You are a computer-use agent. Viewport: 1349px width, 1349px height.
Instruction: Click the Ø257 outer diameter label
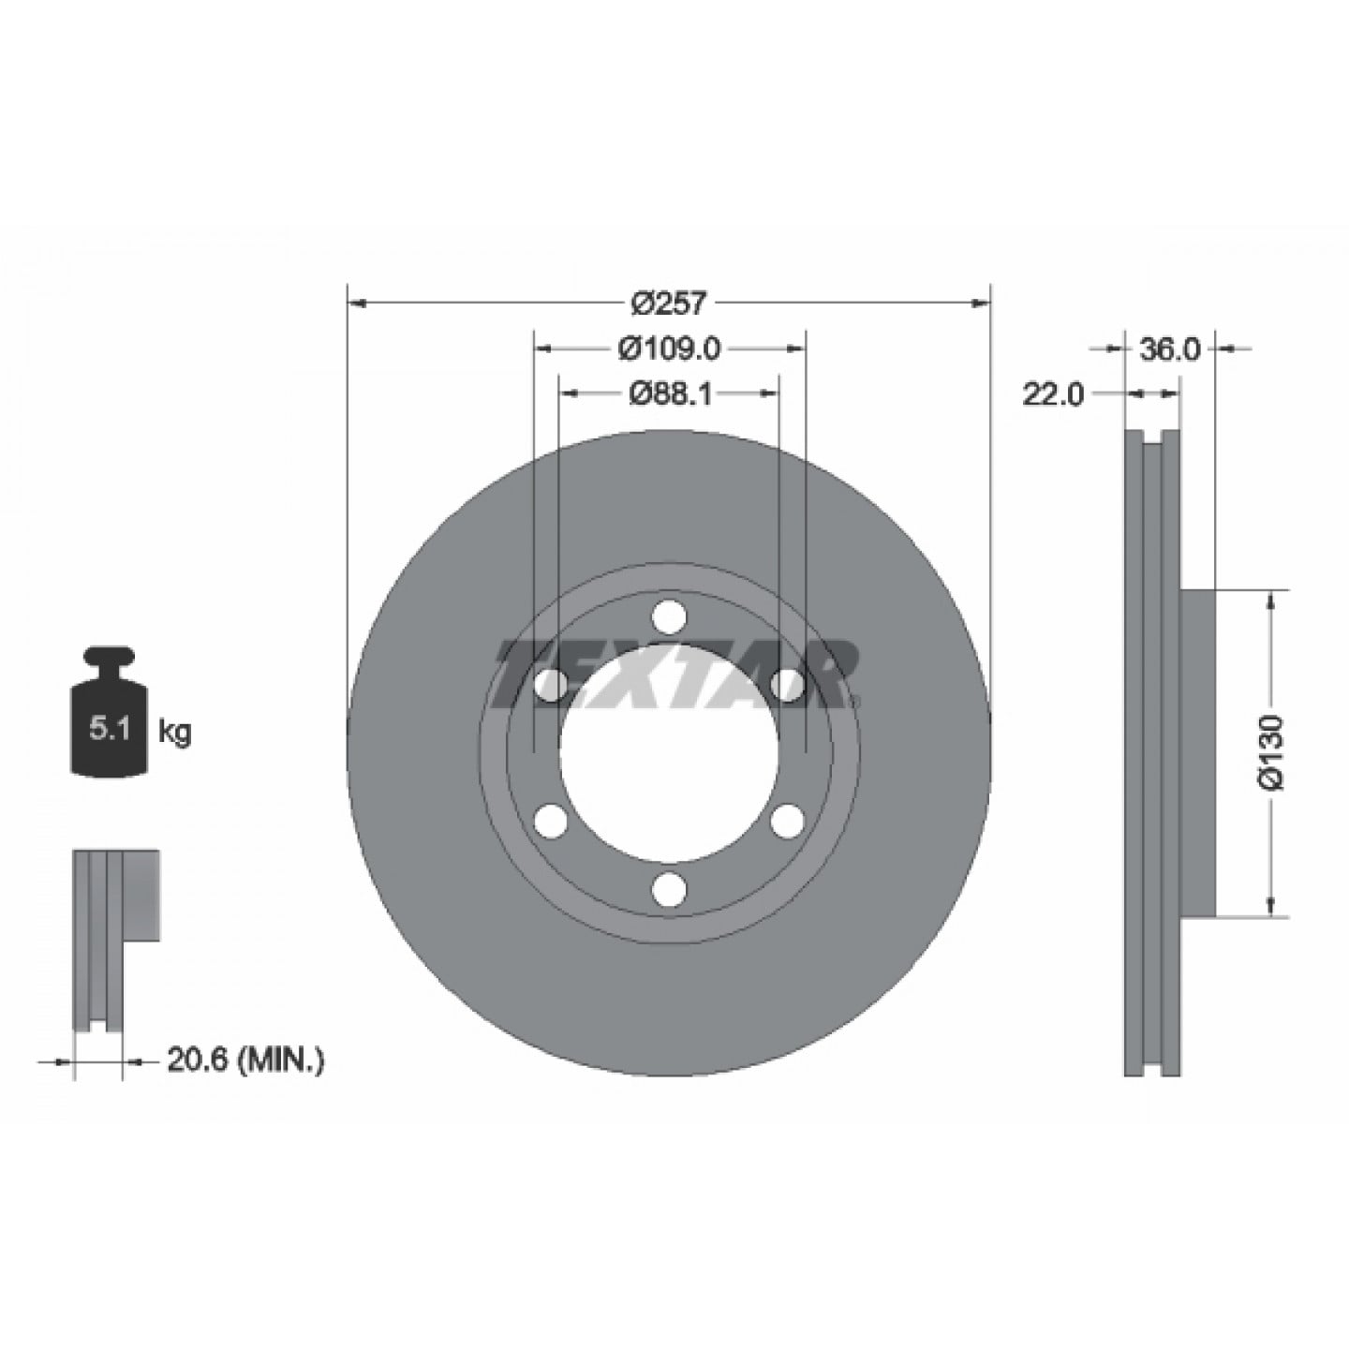[669, 304]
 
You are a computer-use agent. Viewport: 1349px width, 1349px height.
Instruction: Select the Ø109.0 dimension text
[669, 348]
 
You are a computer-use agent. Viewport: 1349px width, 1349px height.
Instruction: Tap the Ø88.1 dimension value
[670, 394]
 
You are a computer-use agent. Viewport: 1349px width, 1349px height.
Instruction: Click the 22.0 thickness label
[1052, 395]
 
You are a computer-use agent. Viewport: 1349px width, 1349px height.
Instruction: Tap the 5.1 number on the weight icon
[110, 730]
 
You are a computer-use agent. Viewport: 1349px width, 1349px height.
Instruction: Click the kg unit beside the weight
[174, 733]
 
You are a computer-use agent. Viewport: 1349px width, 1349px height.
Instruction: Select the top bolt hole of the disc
[669, 616]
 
